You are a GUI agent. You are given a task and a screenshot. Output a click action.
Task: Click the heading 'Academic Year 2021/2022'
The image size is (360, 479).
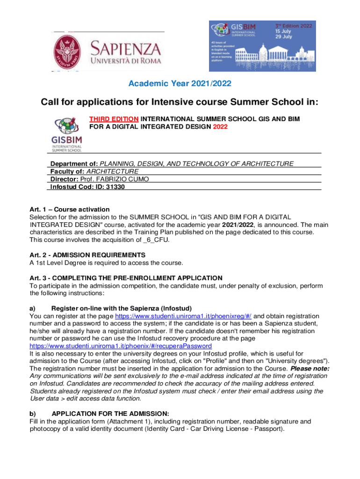[180, 84]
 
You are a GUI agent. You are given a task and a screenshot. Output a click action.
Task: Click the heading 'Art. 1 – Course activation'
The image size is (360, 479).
[69, 209]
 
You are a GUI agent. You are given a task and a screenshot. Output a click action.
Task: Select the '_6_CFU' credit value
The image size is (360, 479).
[157, 239]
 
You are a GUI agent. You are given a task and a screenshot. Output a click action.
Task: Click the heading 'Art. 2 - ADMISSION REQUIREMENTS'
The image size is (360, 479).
[87, 255]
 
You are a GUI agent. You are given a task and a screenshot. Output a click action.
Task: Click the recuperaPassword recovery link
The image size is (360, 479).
[120, 346]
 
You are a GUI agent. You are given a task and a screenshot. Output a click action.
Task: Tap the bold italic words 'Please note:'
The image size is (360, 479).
[310, 368]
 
